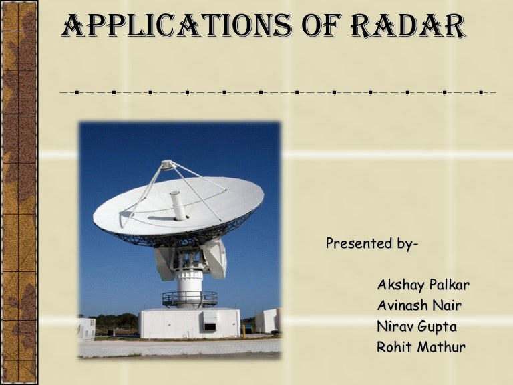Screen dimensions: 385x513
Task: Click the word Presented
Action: click(355, 243)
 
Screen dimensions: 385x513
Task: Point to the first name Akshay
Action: click(399, 285)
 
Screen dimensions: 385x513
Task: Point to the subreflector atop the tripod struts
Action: click(168, 164)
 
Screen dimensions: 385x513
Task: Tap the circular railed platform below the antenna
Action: click(190, 299)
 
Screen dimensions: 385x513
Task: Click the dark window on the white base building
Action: click(210, 326)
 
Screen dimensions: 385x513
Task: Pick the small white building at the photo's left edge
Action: click(86, 328)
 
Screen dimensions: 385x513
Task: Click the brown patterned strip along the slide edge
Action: click(19, 192)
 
